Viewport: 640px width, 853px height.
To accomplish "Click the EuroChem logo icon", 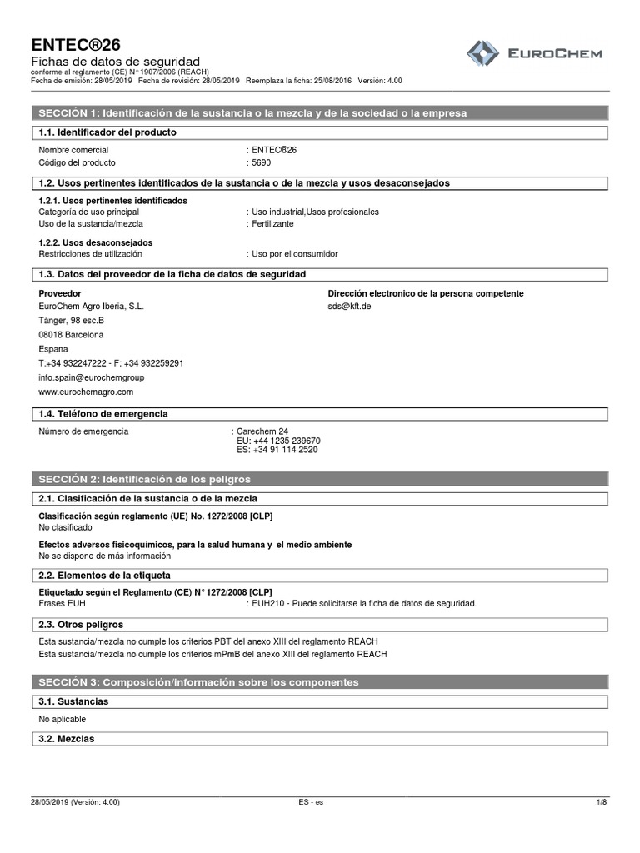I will click(483, 54).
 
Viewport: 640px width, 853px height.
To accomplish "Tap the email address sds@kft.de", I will click(349, 306).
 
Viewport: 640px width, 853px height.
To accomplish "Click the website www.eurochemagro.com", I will click(86, 391).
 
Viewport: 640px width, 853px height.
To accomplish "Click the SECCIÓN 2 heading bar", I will click(320, 479).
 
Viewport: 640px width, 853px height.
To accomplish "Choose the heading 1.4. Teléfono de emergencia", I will click(103, 413).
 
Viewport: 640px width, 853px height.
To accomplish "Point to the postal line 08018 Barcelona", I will click(72, 334).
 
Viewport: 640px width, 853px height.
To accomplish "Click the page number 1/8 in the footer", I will click(602, 802).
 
